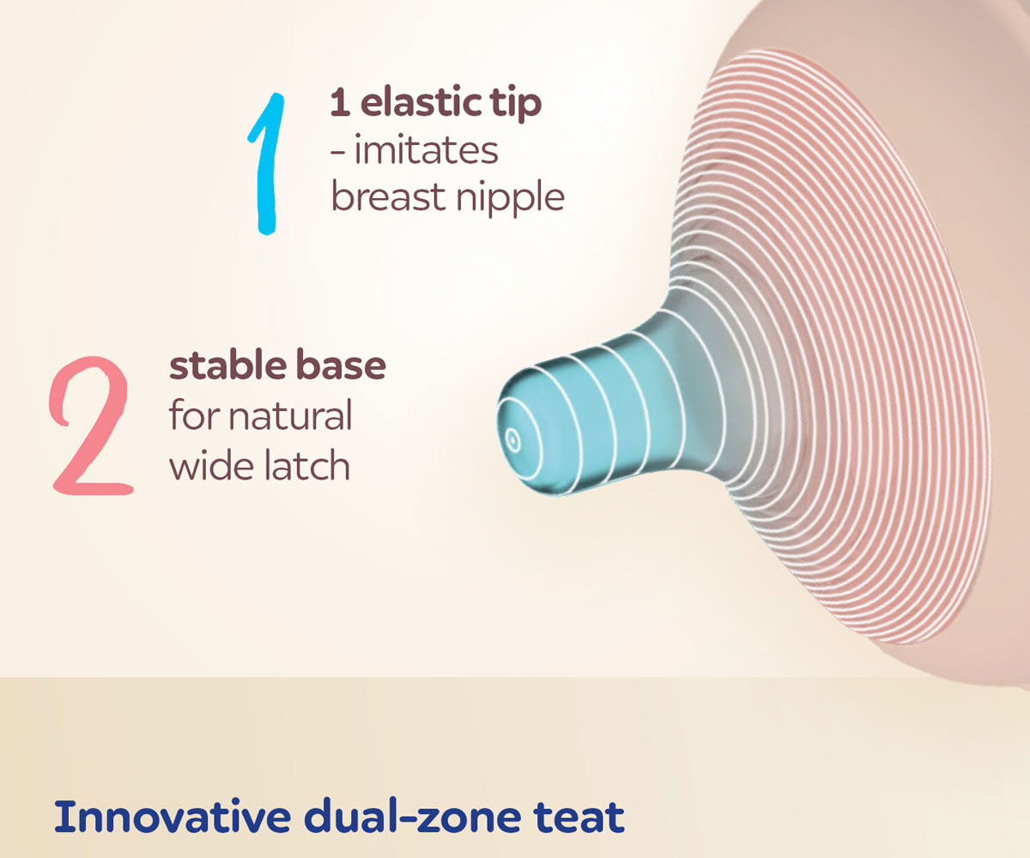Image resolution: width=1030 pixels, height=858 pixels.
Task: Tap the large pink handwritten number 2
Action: coord(91,425)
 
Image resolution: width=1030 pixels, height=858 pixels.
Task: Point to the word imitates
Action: coord(427,150)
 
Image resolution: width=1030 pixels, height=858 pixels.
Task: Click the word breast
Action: coord(389,196)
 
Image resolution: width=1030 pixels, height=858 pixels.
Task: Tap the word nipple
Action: coord(510,198)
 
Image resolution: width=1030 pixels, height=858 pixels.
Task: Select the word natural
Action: coord(291,415)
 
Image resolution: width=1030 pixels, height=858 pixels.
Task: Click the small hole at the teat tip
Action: coord(513,440)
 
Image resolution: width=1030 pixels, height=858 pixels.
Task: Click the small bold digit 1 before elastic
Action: coord(341,103)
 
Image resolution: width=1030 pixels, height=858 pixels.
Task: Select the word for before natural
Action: coord(194,415)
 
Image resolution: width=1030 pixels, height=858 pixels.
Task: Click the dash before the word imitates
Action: coord(338,153)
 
